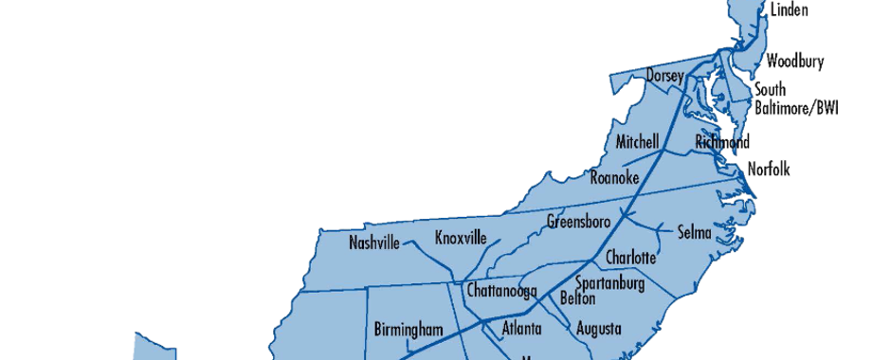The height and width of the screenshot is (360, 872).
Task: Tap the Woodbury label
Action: coord(794,62)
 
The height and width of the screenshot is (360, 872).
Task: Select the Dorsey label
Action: coord(665,74)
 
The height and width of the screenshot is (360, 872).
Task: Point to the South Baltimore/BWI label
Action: coord(796,99)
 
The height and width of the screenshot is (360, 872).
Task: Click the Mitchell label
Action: coord(637,142)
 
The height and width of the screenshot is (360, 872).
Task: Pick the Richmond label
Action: coord(721,142)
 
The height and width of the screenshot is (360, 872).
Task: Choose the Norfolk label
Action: coord(768,170)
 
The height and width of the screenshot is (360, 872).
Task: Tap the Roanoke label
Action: coord(614,177)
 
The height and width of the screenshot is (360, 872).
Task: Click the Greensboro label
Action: coord(578,223)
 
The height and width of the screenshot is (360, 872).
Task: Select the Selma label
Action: coord(693,233)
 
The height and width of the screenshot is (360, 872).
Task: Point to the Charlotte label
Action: coord(630,258)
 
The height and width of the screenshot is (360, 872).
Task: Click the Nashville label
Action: coord(374,243)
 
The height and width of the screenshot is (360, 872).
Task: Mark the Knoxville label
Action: coord(460,238)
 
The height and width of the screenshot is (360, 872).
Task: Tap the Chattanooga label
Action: coord(502,290)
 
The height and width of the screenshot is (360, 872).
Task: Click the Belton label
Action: coord(578,298)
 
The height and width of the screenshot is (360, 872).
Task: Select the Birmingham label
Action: coord(409,330)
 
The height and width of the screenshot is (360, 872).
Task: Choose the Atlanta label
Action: coord(521,329)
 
